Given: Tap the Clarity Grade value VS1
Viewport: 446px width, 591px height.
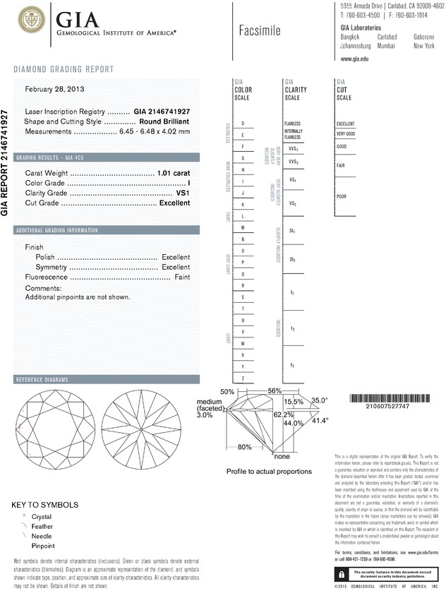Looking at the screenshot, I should (182, 193).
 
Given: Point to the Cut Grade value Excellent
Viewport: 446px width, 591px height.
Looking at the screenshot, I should (175, 203).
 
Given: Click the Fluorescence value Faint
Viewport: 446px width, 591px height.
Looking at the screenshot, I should (181, 277).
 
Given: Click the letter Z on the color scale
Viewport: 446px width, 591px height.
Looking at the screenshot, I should (243, 378).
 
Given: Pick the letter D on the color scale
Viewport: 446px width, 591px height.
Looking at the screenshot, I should (243, 124).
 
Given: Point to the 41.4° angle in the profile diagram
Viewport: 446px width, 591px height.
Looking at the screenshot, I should (320, 421).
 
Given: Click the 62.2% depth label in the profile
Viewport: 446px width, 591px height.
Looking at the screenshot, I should (283, 414).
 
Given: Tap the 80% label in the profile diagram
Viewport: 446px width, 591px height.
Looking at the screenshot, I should (245, 447).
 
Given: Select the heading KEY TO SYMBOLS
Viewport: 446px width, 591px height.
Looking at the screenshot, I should (45, 505).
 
